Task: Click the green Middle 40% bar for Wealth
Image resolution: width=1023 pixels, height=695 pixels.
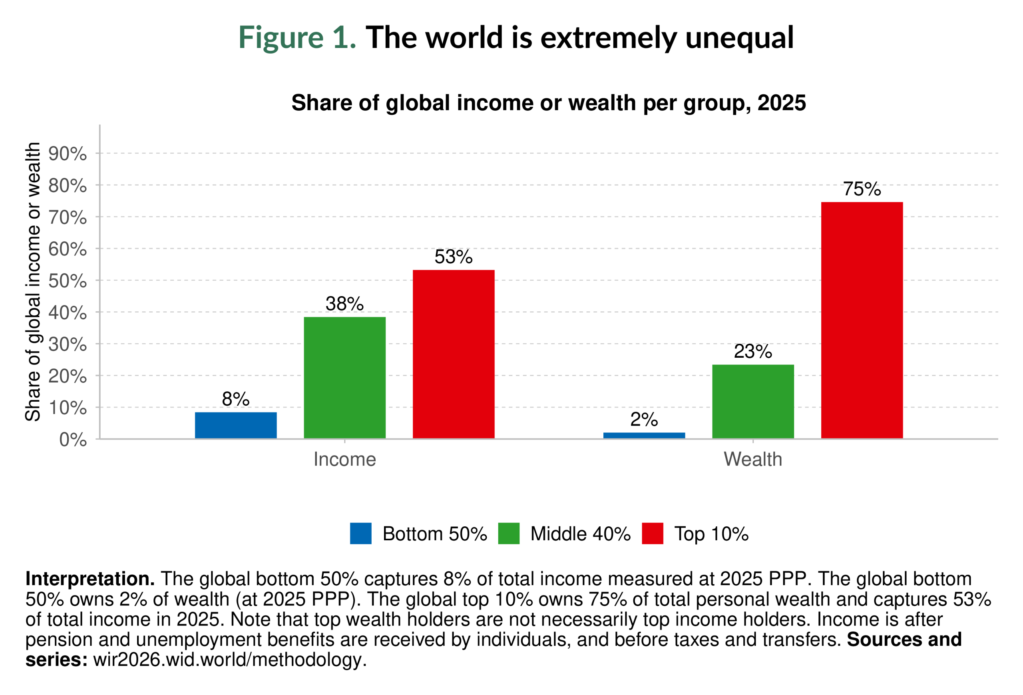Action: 753,401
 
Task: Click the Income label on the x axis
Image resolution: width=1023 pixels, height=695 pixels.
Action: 345,460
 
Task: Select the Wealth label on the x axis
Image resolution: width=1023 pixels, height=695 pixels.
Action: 753,460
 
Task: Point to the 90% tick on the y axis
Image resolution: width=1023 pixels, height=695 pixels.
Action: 68,154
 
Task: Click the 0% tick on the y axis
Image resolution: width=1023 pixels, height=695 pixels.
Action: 73,440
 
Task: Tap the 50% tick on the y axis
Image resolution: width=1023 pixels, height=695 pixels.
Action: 68,281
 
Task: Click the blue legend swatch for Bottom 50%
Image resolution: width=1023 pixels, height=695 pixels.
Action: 360,534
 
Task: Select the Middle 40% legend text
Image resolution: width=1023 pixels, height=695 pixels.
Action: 580,534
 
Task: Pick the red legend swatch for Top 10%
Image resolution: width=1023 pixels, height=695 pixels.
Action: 652,534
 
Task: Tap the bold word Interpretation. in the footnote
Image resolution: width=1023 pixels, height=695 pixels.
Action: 90,579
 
